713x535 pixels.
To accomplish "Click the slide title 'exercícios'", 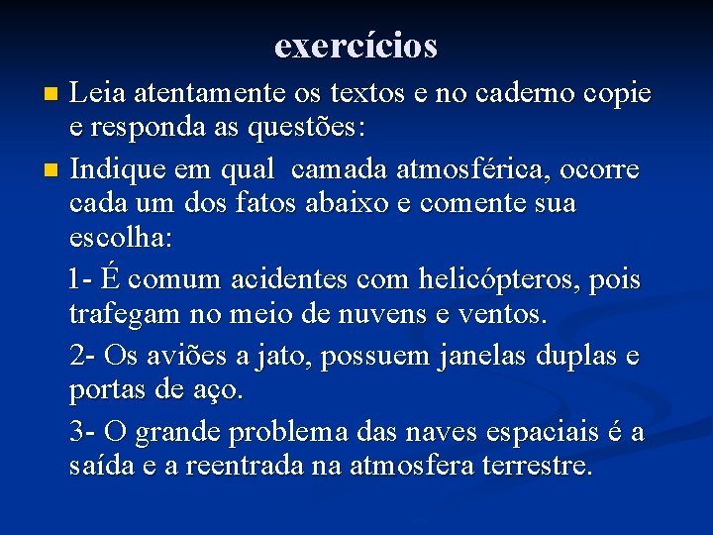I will [356, 45].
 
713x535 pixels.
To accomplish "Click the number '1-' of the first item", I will [84, 278].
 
